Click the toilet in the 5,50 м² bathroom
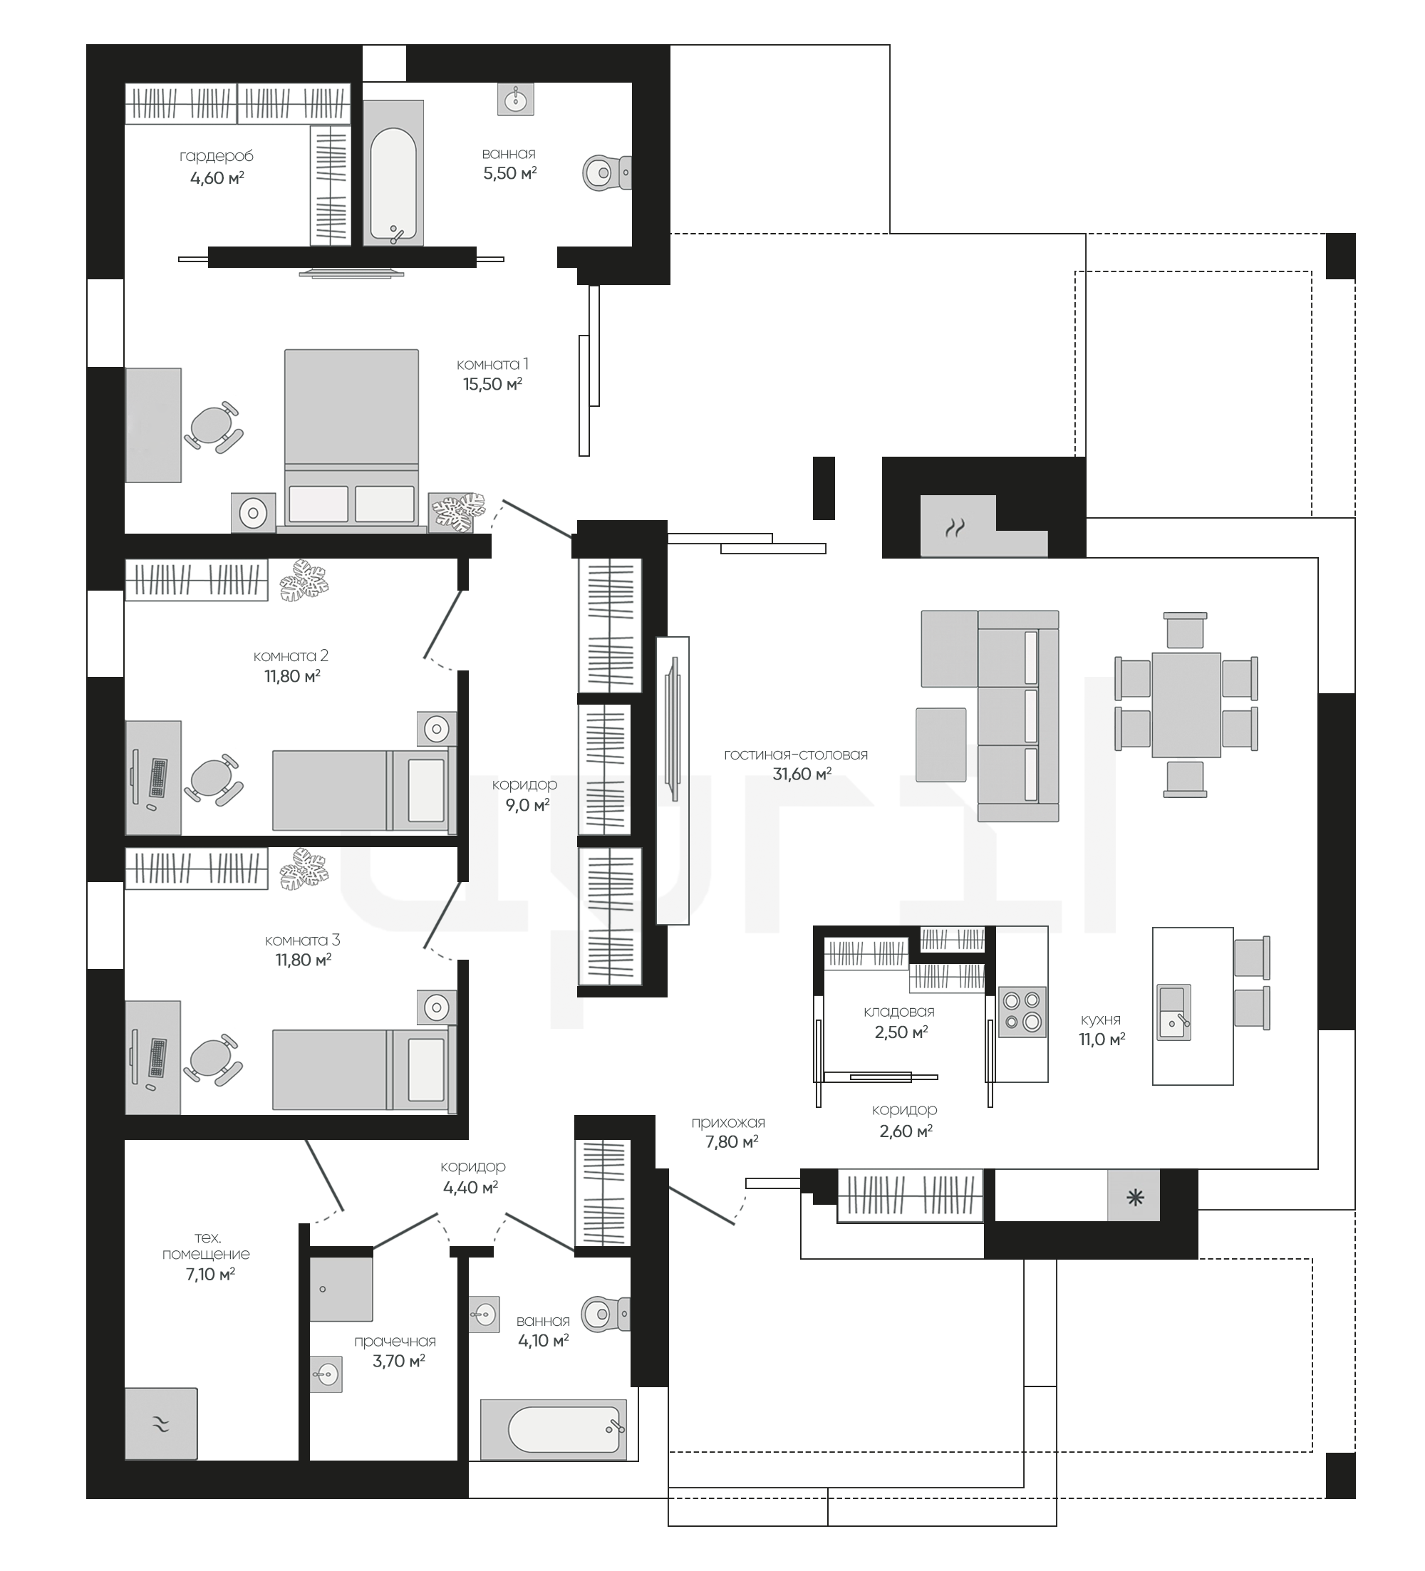[x=607, y=172]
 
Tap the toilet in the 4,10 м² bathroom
[x=606, y=1315]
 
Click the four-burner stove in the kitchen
[x=1022, y=1012]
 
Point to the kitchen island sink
[x=1173, y=1012]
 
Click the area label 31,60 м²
[x=802, y=774]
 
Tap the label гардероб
[x=217, y=157]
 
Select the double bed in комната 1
[x=351, y=440]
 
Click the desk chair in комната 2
[x=213, y=778]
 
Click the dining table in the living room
[x=1186, y=705]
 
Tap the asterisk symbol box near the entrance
[x=1134, y=1197]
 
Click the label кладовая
[x=899, y=1012]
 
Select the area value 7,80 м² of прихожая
[x=732, y=1141]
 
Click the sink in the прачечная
[x=326, y=1374]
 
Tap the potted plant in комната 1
[x=457, y=512]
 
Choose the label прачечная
[x=395, y=1341]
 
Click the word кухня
[x=1100, y=1020]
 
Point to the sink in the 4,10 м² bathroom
[x=484, y=1315]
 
